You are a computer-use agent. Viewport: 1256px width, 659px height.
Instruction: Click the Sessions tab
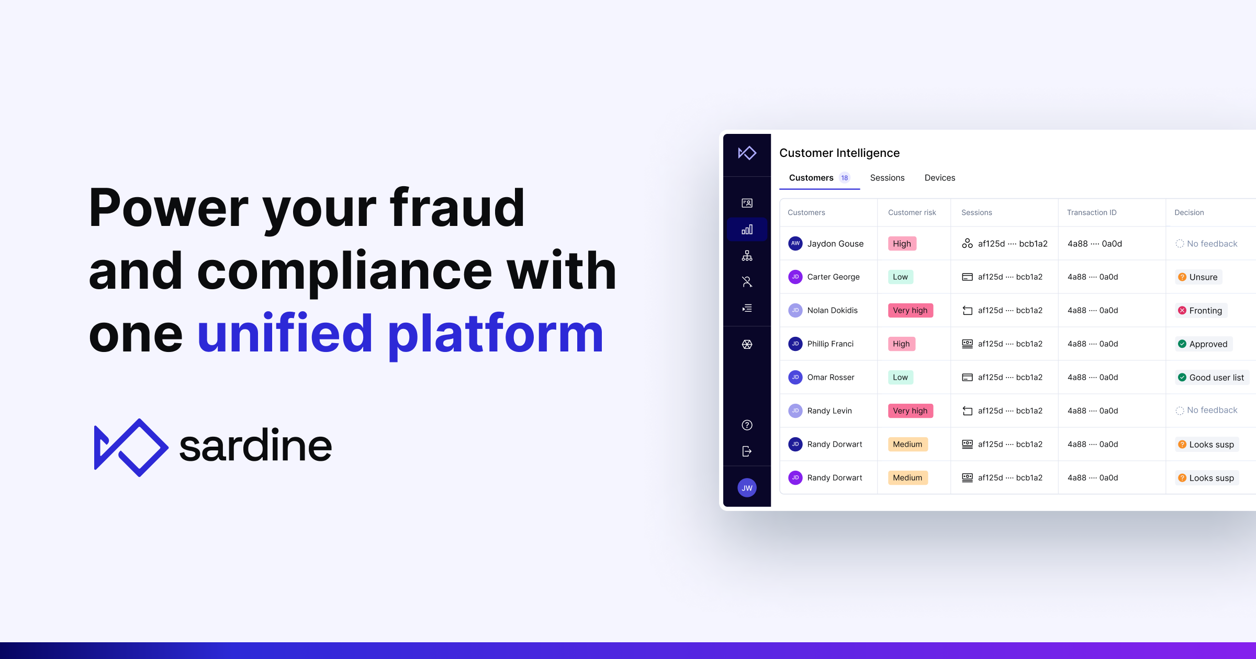coord(887,178)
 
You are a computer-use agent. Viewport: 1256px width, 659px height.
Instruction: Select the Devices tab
coord(939,178)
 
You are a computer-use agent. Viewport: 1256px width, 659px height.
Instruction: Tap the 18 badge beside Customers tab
coord(844,178)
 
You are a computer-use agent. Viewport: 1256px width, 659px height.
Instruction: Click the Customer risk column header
coord(912,212)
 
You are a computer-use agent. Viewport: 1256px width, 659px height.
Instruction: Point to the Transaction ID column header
coord(1091,212)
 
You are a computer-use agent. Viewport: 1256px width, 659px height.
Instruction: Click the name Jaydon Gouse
coord(835,244)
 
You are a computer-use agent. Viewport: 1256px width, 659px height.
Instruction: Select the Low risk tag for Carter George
coord(900,277)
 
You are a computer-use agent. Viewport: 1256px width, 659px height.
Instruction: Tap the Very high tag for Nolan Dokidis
coord(910,311)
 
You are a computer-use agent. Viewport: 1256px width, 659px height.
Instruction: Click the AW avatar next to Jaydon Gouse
coord(795,244)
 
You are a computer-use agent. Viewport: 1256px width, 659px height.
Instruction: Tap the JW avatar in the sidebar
coord(747,488)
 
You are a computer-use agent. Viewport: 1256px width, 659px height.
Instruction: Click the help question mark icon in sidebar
coord(747,425)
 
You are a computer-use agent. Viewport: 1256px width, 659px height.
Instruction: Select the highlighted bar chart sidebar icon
coord(747,230)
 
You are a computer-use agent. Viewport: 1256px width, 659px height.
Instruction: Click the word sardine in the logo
coord(255,446)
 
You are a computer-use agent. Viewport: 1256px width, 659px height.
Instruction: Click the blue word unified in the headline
coord(285,334)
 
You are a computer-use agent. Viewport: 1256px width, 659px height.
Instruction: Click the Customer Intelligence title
coord(839,153)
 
